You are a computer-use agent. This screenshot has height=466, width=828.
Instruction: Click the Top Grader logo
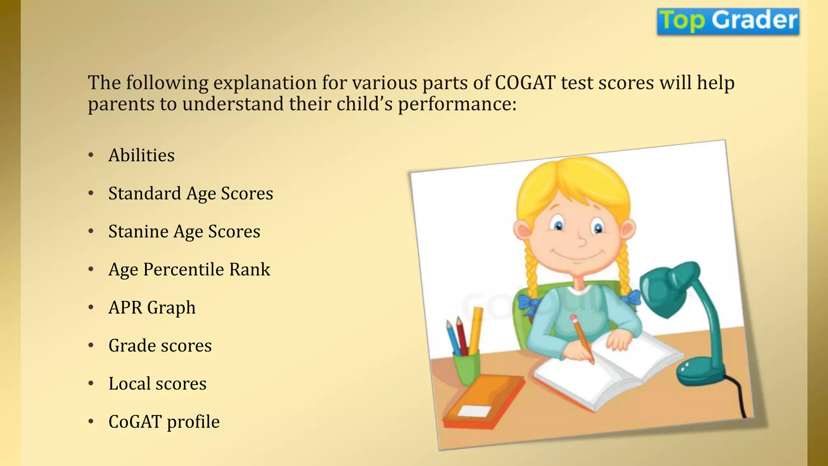pos(728,21)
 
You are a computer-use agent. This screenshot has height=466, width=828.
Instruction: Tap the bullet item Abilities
pos(142,155)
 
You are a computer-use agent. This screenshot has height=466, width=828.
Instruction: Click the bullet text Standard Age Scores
pos(190,193)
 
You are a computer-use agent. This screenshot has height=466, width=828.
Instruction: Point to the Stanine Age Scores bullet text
pos(184,231)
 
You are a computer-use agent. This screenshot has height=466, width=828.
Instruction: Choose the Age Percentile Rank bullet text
pos(189,269)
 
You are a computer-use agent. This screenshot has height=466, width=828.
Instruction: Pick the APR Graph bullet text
pos(152,307)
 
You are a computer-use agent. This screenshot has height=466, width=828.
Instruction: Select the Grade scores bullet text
pos(160,345)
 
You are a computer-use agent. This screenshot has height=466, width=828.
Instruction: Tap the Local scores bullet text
pos(157,383)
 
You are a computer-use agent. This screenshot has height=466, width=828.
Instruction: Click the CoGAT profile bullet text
pos(164,422)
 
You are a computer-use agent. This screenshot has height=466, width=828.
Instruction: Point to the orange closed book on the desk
pos(483,402)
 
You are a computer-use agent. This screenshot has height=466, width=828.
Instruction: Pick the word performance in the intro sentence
pos(457,105)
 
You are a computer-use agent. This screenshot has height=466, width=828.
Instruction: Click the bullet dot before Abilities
pos(91,155)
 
